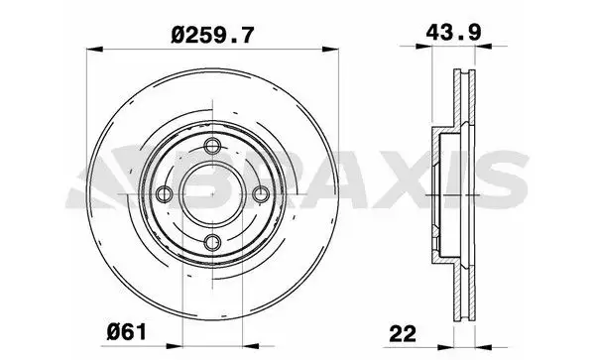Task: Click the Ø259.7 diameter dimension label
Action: (213, 34)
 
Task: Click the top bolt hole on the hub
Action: (211, 148)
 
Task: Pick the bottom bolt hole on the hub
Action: (211, 239)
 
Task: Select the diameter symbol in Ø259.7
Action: (178, 34)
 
